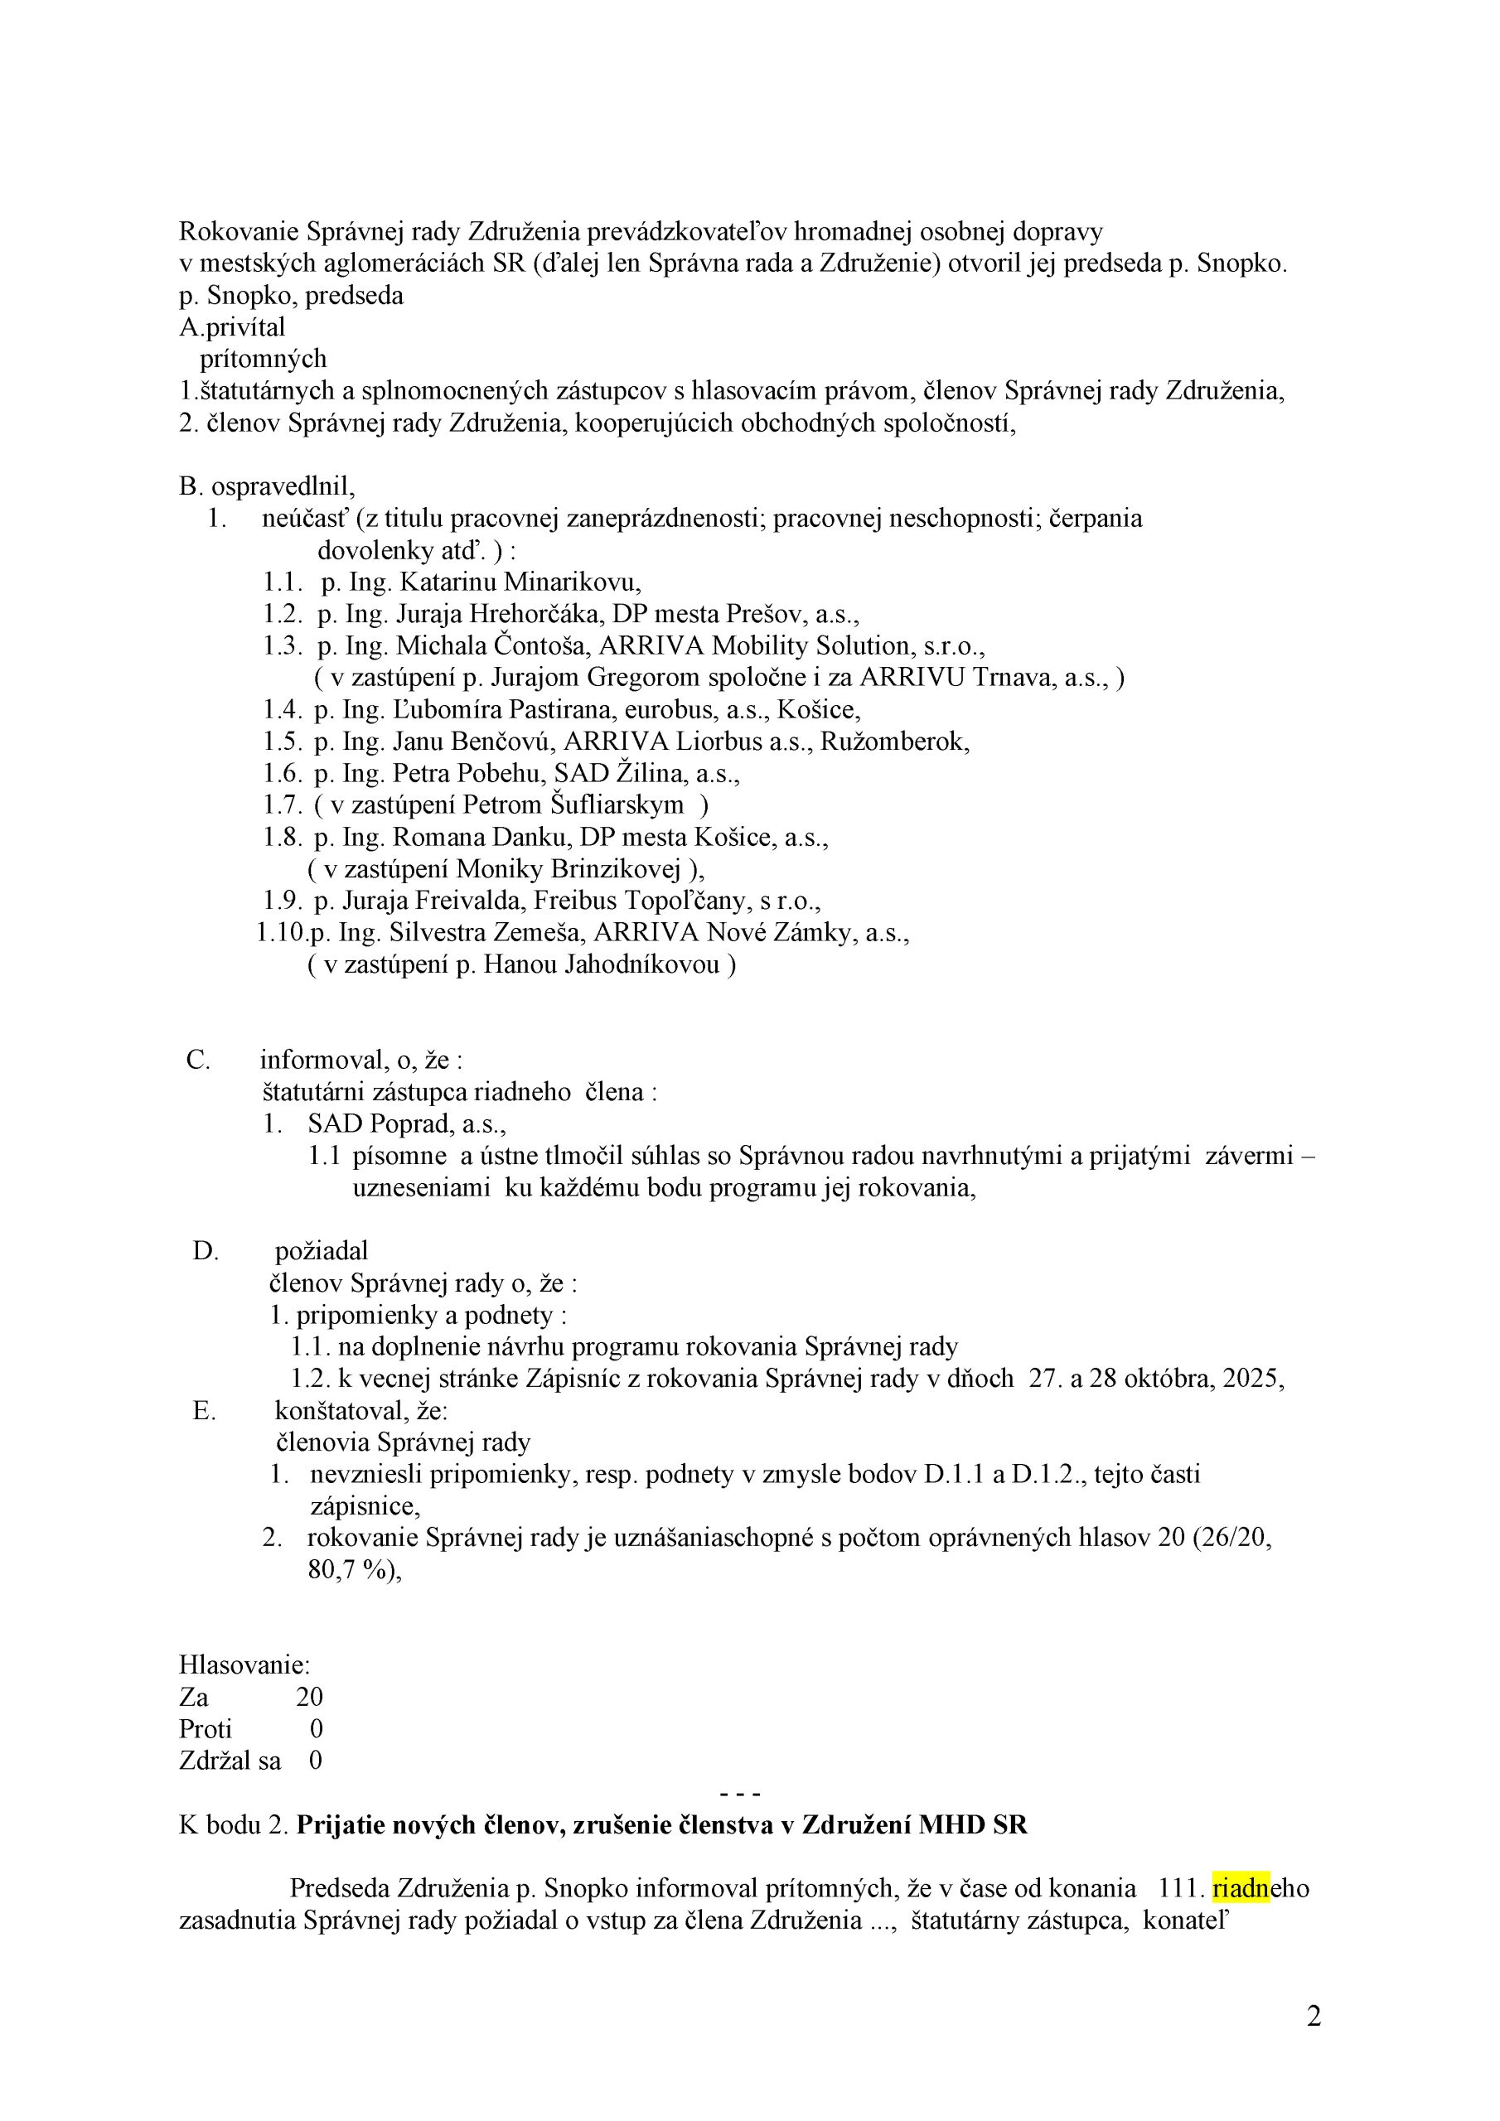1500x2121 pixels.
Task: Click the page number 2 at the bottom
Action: click(1314, 2016)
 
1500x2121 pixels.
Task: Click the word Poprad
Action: click(409, 1124)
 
